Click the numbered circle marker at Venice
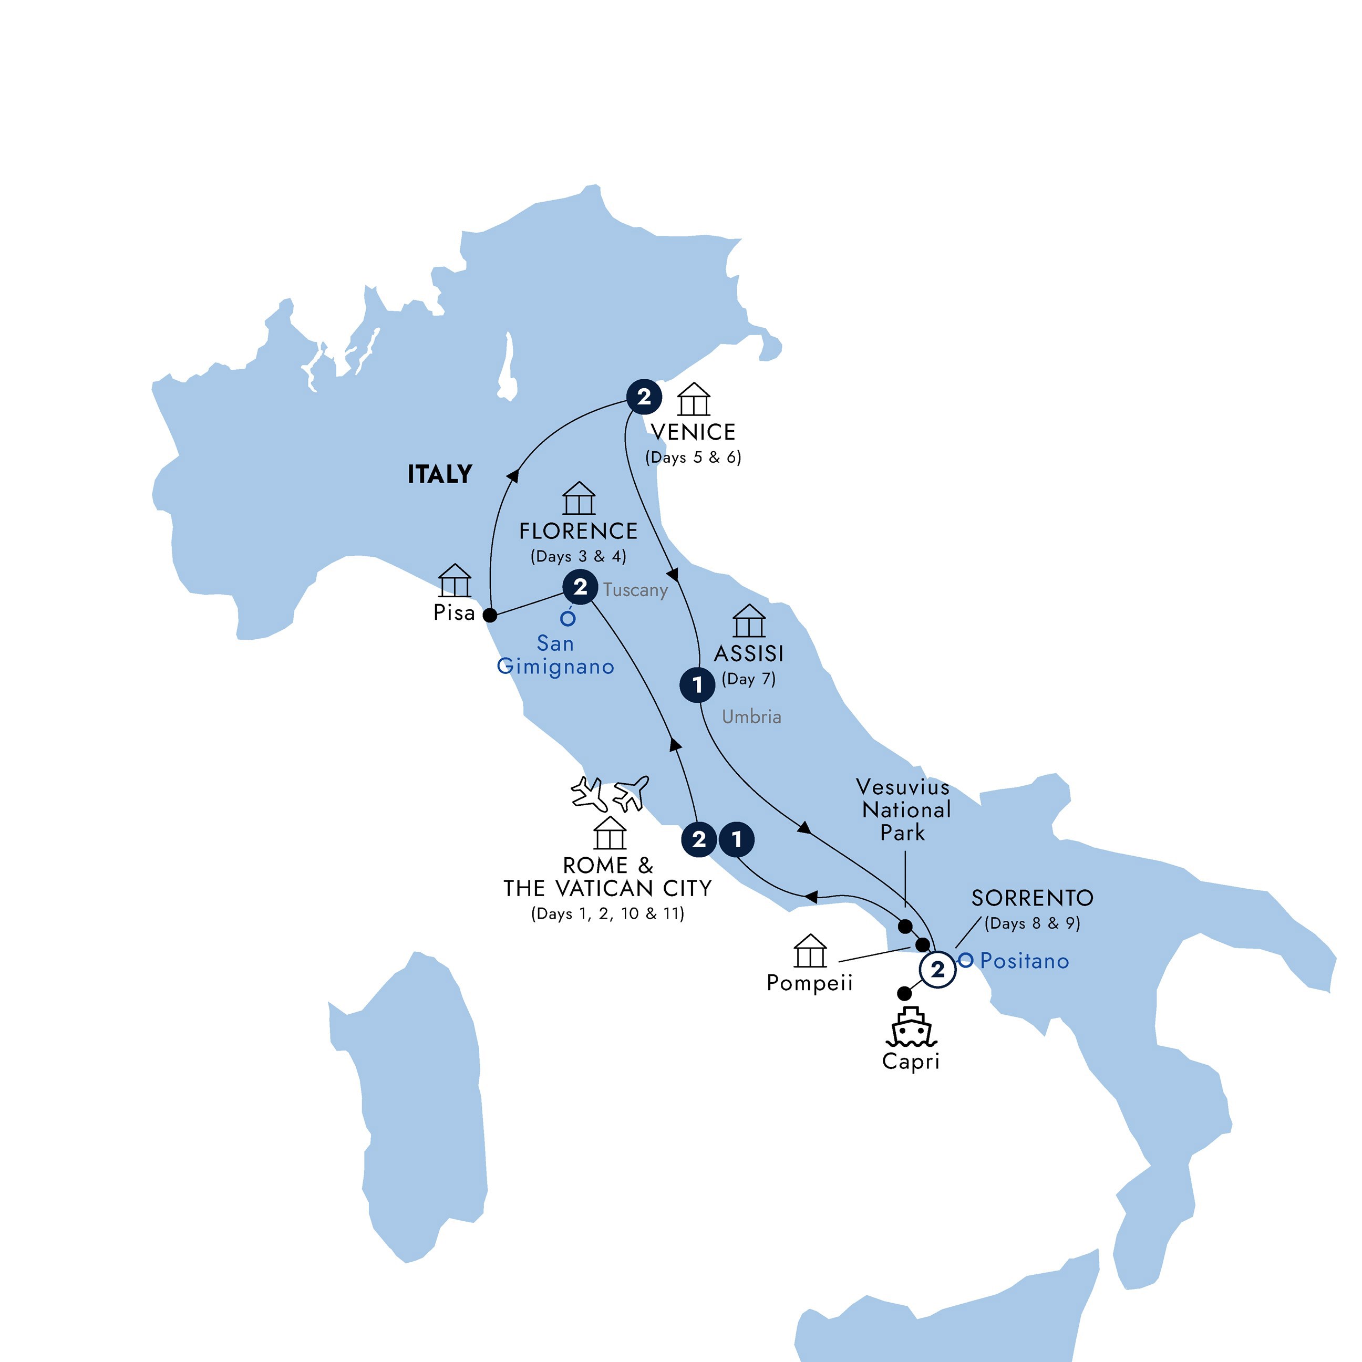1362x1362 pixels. [643, 397]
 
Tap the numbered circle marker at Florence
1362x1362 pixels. [580, 587]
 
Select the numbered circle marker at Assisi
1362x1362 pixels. [697, 684]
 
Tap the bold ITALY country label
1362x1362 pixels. [439, 474]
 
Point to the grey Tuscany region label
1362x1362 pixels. [635, 590]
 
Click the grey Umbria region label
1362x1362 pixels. [751, 717]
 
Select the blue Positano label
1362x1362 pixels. [1024, 961]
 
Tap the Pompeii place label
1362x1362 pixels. [810, 983]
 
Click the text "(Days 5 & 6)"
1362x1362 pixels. [693, 458]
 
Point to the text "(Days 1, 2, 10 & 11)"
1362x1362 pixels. [607, 913]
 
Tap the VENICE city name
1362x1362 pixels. [693, 431]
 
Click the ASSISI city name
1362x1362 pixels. [748, 653]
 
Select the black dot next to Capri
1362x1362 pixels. [903, 993]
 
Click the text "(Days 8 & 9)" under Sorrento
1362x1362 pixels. [1032, 923]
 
